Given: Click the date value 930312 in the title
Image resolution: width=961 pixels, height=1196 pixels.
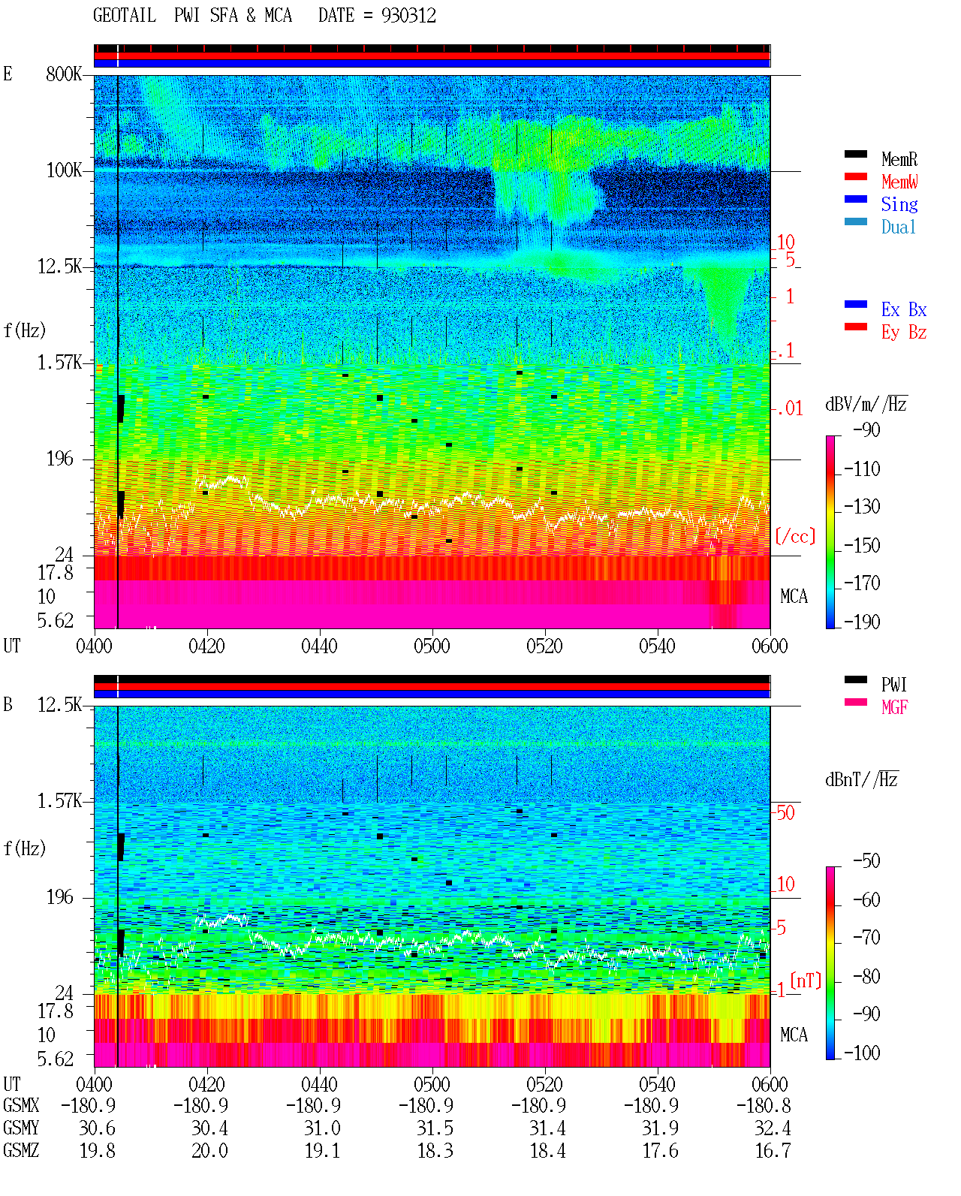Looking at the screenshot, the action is (x=408, y=16).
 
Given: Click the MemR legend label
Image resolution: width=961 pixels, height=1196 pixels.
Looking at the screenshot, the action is (x=899, y=159).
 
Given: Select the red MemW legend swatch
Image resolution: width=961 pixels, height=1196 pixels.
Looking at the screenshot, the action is (x=855, y=176).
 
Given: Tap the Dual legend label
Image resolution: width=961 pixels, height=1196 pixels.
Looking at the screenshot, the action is (x=899, y=227).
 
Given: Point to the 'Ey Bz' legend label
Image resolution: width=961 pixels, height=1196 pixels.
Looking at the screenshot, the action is (x=904, y=333).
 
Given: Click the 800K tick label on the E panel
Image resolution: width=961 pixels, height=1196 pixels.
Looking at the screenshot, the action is (x=64, y=74).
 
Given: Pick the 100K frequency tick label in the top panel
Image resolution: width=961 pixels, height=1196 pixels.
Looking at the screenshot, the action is (x=64, y=170).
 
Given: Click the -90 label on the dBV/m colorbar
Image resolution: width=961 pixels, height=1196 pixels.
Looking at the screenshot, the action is (x=866, y=429).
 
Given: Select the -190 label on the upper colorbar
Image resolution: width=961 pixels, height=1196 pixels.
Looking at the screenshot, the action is (x=862, y=622).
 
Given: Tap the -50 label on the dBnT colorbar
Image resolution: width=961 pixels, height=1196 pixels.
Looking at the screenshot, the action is (x=866, y=861).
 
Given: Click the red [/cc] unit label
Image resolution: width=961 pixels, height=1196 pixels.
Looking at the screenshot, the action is (x=795, y=536).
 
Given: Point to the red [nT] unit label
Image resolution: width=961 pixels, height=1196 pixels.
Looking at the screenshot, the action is (x=806, y=981).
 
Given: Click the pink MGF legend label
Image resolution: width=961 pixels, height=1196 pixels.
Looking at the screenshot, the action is (x=894, y=707).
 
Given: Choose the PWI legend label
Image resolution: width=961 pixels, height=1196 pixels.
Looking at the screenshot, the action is (x=893, y=685).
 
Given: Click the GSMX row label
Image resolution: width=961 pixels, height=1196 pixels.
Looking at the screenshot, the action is (x=22, y=1105).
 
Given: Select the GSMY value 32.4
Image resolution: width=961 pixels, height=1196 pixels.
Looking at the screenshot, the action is (x=772, y=1128).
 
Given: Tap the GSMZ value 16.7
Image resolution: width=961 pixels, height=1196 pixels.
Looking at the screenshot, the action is (x=772, y=1150).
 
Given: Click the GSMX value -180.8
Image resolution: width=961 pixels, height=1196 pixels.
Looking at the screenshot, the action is (x=764, y=1105).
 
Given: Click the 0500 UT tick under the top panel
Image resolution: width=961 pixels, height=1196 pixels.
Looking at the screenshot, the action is (x=432, y=646).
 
